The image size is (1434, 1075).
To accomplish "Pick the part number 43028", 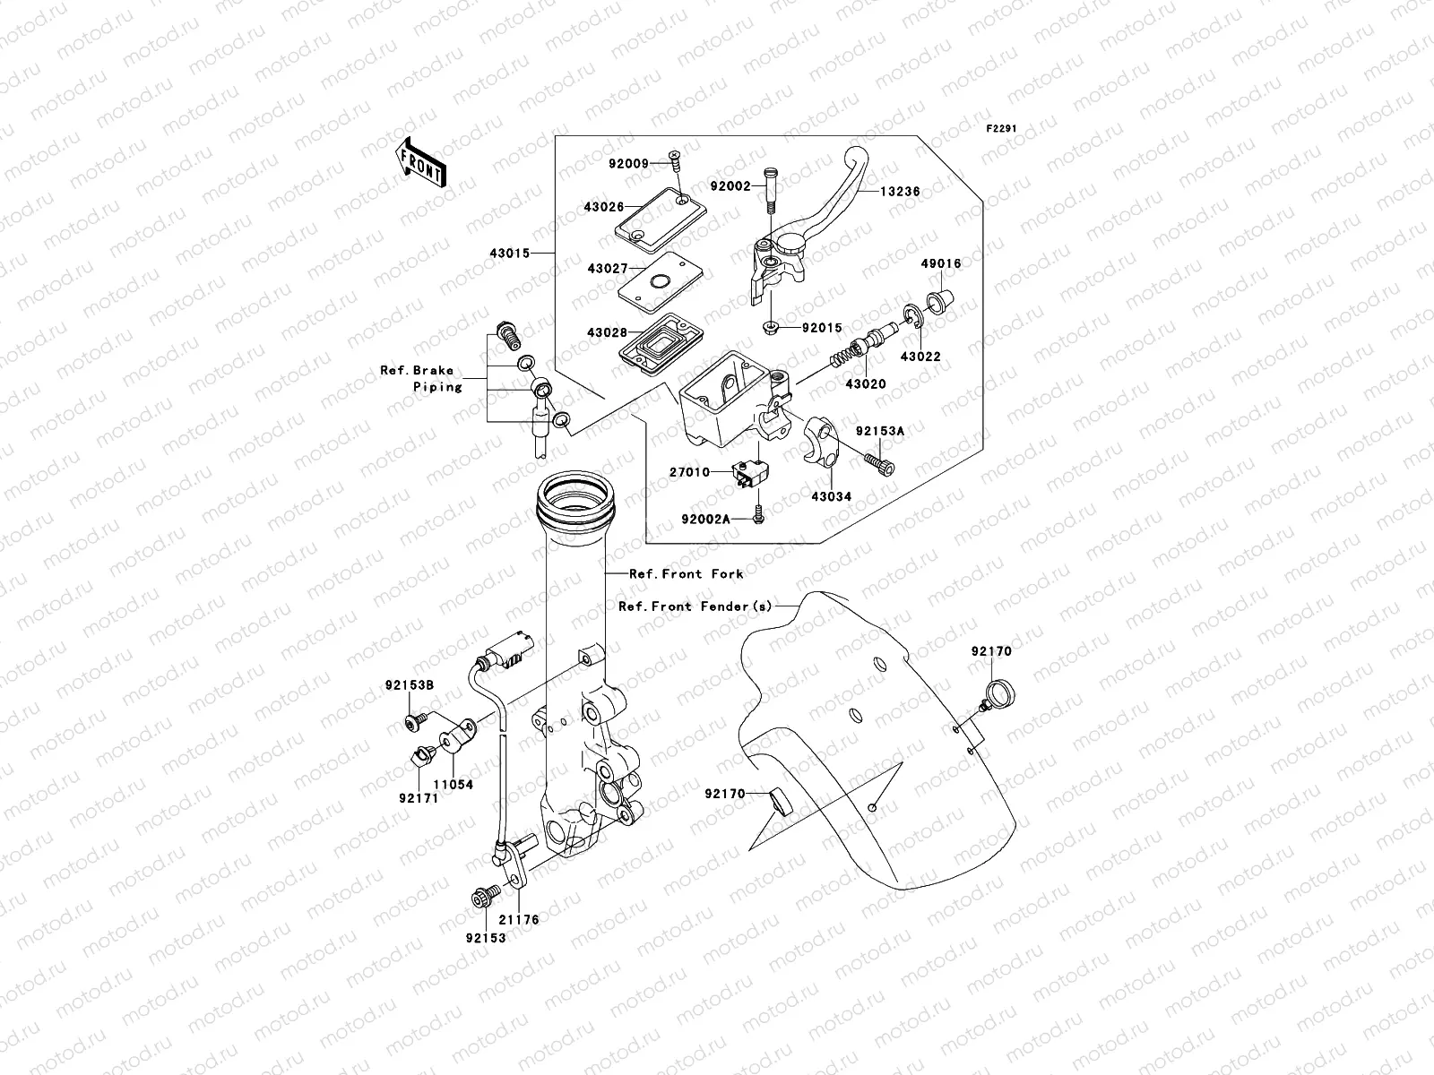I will (607, 332).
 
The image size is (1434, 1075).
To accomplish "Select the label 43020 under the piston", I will (865, 384).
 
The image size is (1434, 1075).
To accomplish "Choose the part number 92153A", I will (879, 431).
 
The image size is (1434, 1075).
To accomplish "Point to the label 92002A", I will (705, 519).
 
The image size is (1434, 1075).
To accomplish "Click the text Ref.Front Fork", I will (686, 573).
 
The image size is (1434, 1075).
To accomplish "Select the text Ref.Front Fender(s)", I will (695, 606).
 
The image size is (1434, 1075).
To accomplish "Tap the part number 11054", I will (454, 785).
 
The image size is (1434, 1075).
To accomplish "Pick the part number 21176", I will (519, 919).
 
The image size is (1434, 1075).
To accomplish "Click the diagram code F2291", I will (1002, 129).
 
